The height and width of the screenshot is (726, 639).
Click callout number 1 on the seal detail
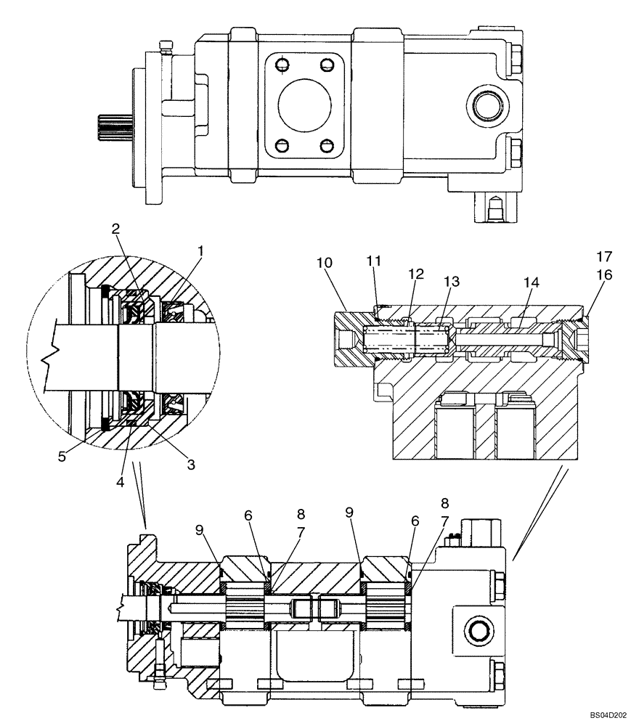pos(200,251)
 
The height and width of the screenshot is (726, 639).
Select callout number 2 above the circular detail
pos(115,228)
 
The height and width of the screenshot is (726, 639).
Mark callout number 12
pos(415,274)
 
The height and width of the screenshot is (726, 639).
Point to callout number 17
pos(604,256)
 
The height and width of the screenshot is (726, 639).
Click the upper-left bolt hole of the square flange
pos(280,64)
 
